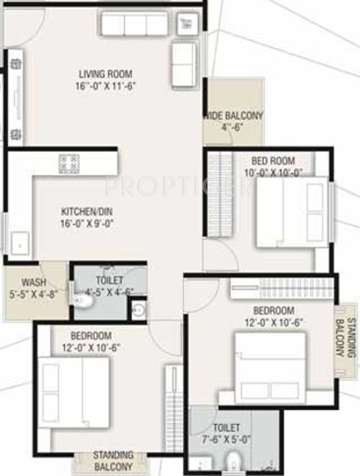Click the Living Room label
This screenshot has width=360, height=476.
[x=105, y=73]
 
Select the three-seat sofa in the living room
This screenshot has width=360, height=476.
[x=134, y=24]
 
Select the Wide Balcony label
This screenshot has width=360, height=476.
[x=235, y=115]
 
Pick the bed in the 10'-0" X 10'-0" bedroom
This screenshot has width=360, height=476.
[x=292, y=213]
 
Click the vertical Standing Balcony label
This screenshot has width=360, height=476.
[x=346, y=338]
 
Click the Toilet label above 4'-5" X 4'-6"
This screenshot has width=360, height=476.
[x=109, y=280]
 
